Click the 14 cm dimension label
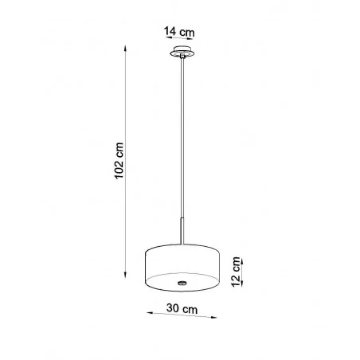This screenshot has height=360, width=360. click(179, 32)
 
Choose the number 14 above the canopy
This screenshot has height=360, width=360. click(170, 32)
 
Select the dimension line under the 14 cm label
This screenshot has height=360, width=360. click(179, 41)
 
